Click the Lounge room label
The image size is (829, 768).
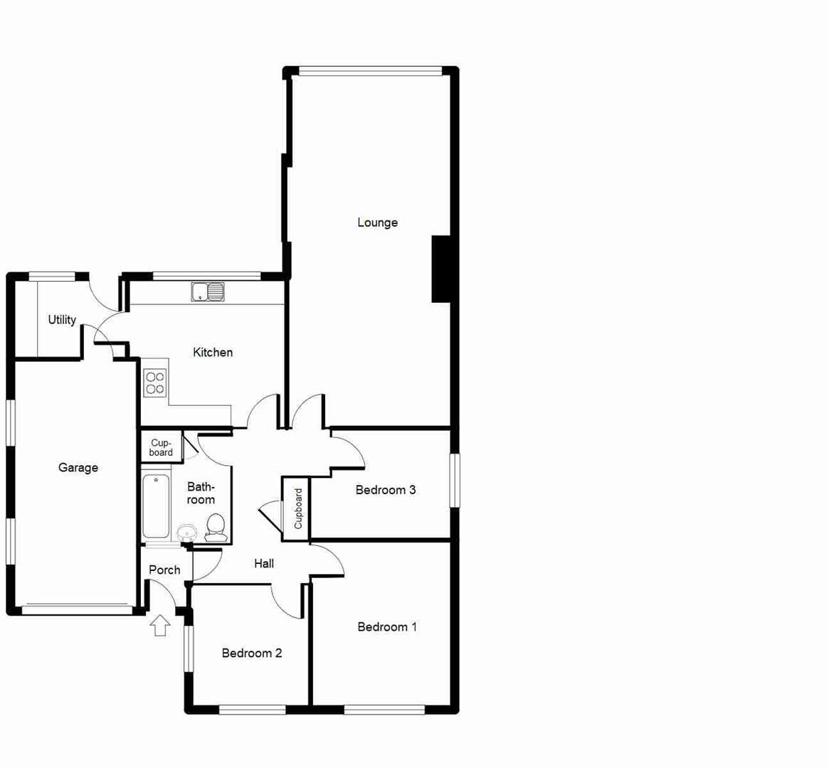[x=377, y=223]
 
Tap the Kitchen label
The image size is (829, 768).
[x=213, y=352]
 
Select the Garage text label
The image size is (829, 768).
[x=78, y=467]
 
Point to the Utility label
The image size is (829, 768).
[x=62, y=320]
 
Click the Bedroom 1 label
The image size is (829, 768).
[x=387, y=626]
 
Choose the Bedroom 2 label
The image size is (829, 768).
[x=252, y=653]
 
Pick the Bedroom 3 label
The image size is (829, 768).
[x=386, y=489]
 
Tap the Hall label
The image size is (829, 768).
[x=264, y=563]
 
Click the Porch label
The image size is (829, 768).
[x=164, y=570]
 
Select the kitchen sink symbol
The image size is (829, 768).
[x=207, y=291]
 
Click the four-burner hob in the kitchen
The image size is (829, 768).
[x=155, y=383]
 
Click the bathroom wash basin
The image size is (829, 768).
[x=187, y=532]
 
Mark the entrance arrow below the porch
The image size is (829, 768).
[x=161, y=625]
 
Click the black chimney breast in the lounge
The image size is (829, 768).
[x=441, y=269]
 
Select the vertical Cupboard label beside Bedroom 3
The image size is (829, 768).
[x=298, y=508]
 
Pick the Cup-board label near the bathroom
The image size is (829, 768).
[x=161, y=447]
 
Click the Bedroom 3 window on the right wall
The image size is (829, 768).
[x=455, y=480]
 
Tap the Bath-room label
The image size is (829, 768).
[x=201, y=493]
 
